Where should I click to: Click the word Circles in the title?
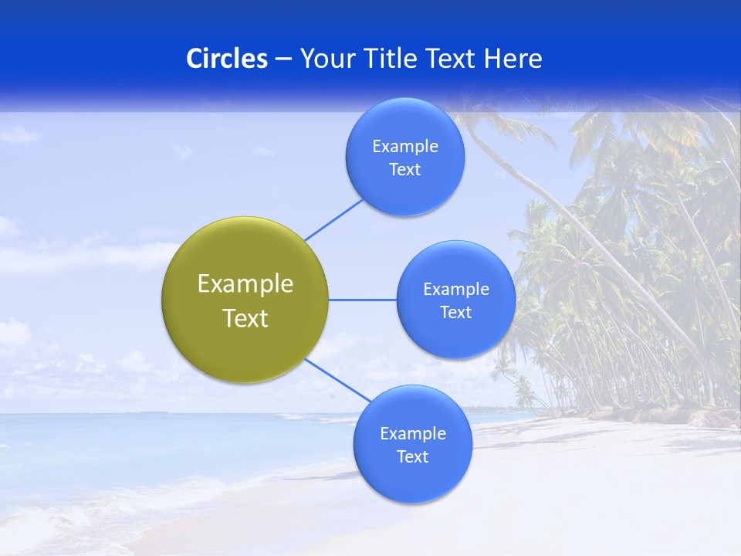point(226,59)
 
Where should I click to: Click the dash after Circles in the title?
point(283,59)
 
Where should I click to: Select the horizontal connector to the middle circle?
point(362,300)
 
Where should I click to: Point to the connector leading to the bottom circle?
point(338,380)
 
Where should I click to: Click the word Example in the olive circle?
point(245,284)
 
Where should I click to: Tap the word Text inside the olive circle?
point(245,318)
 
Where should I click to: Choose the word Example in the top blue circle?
point(405,147)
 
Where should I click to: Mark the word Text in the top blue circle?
point(405,170)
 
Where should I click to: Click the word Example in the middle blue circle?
point(456,290)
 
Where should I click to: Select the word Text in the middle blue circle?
point(456,313)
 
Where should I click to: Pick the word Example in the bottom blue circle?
point(413,434)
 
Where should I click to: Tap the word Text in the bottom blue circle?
point(413,457)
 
